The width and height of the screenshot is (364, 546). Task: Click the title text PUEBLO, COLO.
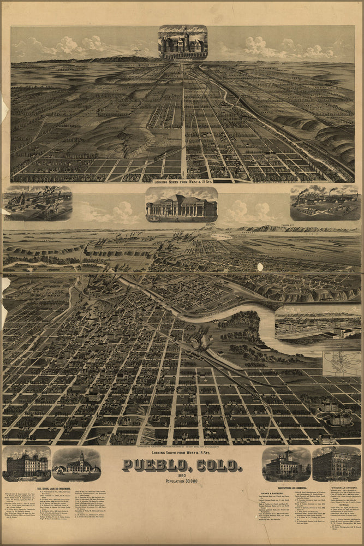click(182, 465)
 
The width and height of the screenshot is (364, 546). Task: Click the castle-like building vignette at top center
click(183, 42)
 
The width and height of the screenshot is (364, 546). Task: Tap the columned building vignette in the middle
click(182, 205)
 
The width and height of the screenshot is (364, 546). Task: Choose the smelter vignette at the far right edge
click(324, 203)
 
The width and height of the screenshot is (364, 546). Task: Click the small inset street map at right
click(341, 363)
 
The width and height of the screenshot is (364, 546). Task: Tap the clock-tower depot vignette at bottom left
click(76, 464)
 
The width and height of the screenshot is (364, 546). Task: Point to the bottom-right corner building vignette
click(336, 464)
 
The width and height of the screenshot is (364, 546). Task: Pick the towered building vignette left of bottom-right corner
click(286, 464)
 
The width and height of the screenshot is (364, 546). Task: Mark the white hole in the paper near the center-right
click(260, 267)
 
